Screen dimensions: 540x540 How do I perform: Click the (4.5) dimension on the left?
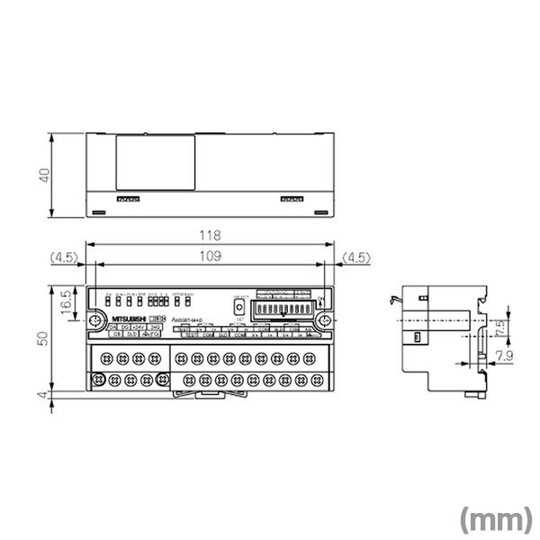point(66,257)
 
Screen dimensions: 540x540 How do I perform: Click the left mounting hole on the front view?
point(95,319)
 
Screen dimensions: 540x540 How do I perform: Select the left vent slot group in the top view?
point(128,199)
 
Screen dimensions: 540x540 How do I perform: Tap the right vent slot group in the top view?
point(292,199)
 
